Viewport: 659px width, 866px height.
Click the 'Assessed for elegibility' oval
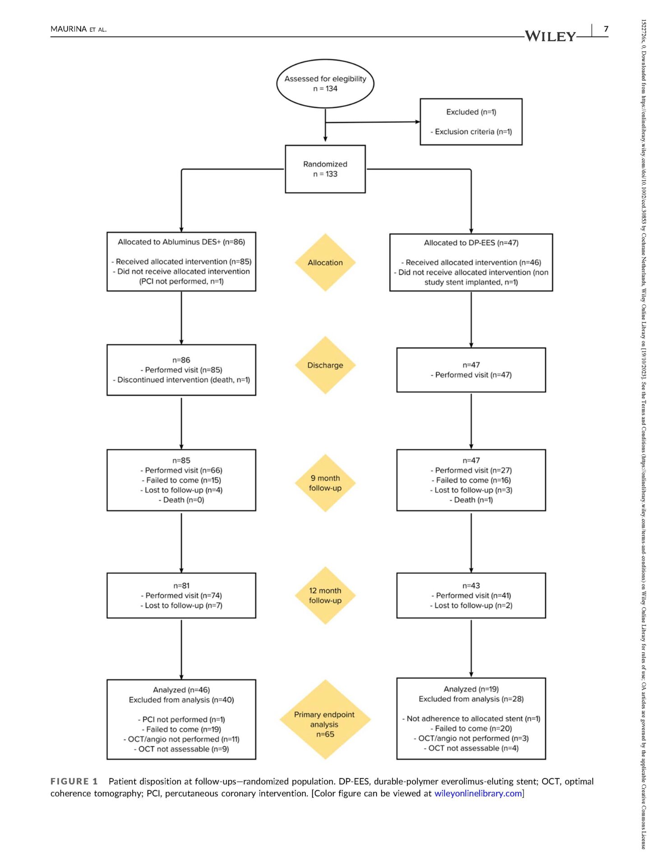pyautogui.click(x=325, y=83)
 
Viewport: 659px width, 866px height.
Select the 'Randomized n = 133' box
pyautogui.click(x=325, y=169)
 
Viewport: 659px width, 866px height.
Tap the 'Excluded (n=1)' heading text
pyautogui.click(x=471, y=112)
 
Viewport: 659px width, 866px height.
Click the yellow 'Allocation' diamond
pyautogui.click(x=325, y=263)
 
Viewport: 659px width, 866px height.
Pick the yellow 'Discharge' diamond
pyautogui.click(x=325, y=365)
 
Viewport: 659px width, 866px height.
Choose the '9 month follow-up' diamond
pyautogui.click(x=325, y=483)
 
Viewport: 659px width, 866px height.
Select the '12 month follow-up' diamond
pyautogui.click(x=325, y=595)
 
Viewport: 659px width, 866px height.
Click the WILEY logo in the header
pyautogui.click(x=550, y=36)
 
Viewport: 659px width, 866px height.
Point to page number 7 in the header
pyautogui.click(x=606, y=29)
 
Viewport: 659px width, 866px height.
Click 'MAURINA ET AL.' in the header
pyautogui.click(x=78, y=29)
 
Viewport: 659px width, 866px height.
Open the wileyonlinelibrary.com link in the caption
pyautogui.click(x=478, y=793)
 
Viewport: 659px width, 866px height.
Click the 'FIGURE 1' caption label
pyautogui.click(x=74, y=781)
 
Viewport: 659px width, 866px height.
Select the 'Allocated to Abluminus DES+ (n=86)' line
pyautogui.click(x=181, y=242)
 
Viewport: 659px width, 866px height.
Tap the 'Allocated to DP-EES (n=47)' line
pyautogui.click(x=471, y=243)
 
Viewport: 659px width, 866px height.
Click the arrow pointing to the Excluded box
pyautogui.click(x=373, y=122)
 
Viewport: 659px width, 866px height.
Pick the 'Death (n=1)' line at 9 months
pyautogui.click(x=471, y=500)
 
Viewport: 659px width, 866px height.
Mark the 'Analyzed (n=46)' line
pyautogui.click(x=181, y=690)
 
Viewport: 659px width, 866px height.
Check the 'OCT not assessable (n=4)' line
pyautogui.click(x=471, y=748)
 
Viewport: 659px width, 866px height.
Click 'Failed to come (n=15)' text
pyautogui.click(x=181, y=480)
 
